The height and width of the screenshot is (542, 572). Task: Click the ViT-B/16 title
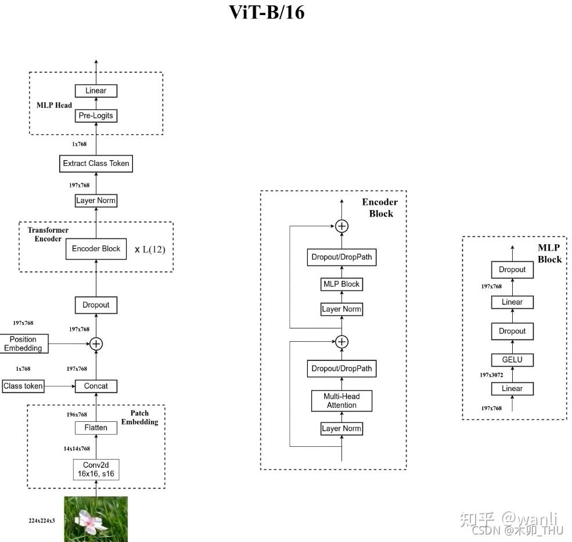point(267,12)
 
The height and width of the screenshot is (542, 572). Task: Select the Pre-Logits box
point(96,116)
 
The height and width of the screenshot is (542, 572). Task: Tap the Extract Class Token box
point(96,164)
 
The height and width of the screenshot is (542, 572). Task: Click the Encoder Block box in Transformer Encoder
point(96,249)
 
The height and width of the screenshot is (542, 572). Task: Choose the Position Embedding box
point(23,344)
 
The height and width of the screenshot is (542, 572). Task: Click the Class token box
point(23,386)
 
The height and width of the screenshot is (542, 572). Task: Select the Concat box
point(96,386)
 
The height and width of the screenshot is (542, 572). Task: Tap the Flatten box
point(96,428)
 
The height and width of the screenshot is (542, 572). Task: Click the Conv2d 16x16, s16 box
point(96,469)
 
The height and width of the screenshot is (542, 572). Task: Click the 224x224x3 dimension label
point(42,521)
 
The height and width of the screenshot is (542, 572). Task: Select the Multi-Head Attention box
point(341,401)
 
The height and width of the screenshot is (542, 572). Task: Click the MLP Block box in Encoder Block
point(341,284)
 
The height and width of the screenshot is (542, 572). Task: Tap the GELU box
point(512,360)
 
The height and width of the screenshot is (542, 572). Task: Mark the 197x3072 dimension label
point(491,375)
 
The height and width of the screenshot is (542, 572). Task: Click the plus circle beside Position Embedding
point(96,344)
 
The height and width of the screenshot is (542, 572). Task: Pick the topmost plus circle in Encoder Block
point(342,226)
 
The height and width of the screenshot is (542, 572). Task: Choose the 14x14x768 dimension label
point(77,449)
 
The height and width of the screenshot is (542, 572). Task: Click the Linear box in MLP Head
point(96,91)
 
